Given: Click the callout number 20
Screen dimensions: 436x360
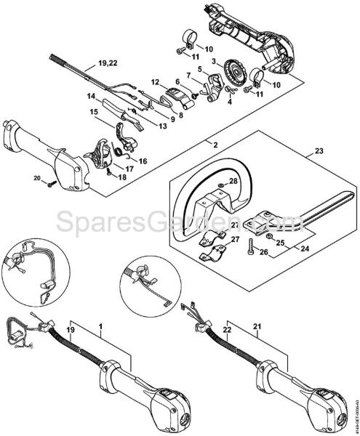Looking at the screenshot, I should (36, 177).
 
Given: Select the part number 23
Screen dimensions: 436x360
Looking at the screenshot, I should (318, 152).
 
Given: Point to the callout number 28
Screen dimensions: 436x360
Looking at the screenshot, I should (232, 181).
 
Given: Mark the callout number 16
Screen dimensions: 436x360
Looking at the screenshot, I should (143, 160).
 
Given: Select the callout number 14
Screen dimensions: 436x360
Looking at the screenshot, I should (92, 96).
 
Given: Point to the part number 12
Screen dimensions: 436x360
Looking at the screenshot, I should (155, 81).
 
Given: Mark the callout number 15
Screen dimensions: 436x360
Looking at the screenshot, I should (95, 112).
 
